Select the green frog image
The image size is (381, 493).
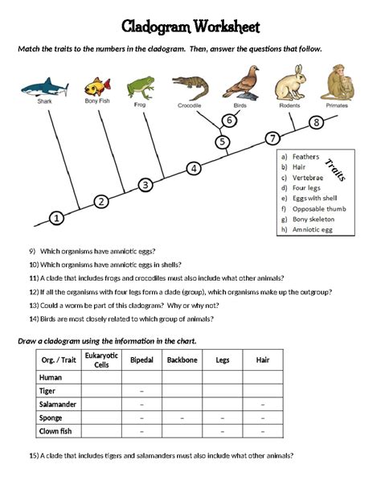[x=141, y=84]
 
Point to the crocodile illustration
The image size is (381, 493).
[x=190, y=84]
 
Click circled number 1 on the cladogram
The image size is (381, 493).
[x=56, y=217]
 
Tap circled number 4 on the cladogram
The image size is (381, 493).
[x=194, y=168]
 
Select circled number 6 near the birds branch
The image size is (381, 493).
[x=229, y=121]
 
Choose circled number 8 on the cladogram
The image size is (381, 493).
[x=317, y=122]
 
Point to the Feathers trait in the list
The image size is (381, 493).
[x=305, y=157]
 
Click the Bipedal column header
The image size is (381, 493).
[x=141, y=359]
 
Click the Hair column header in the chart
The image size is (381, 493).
[x=262, y=359]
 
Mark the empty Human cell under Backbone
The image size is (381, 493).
[x=182, y=376]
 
